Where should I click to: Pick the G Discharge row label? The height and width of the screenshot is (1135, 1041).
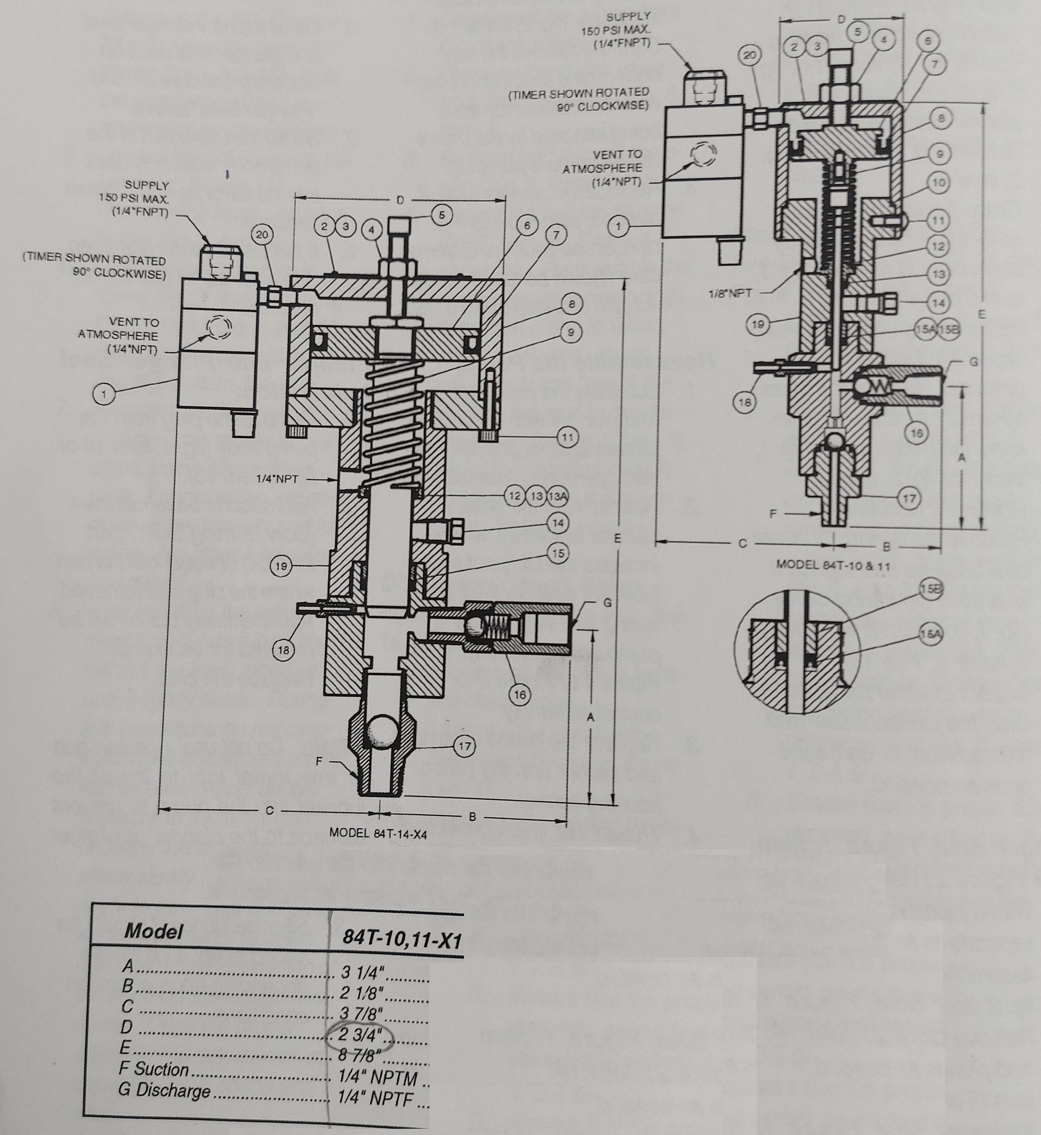[165, 1090]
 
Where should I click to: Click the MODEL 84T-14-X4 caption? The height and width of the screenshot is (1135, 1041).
[378, 833]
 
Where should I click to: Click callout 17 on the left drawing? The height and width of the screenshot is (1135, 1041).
[465, 747]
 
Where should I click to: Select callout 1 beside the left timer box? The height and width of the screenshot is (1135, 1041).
[104, 394]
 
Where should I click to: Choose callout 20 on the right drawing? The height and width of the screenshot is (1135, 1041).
[750, 55]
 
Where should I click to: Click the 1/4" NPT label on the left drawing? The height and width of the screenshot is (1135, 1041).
[277, 479]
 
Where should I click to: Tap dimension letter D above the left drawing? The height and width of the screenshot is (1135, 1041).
[400, 200]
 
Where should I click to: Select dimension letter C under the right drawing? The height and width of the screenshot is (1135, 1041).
[742, 543]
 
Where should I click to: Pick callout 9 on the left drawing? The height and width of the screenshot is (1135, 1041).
[571, 333]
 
